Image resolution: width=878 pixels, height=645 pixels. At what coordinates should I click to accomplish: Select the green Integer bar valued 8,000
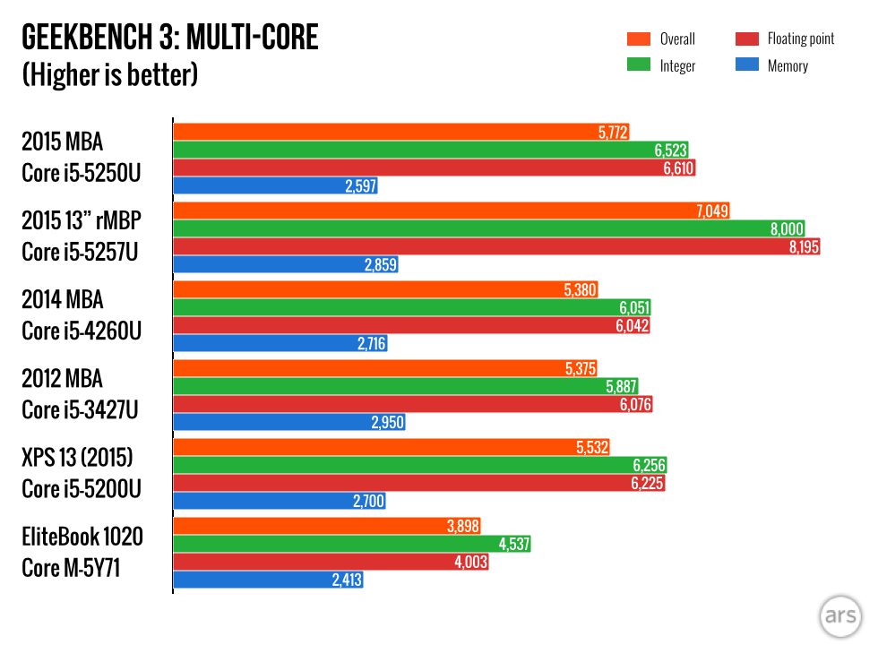tap(466, 229)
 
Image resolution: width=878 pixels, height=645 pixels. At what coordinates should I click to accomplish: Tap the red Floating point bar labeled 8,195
tap(475, 247)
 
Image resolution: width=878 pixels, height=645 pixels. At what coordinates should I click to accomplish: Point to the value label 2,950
tap(387, 423)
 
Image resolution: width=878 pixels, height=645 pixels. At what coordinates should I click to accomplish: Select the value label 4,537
tap(512, 544)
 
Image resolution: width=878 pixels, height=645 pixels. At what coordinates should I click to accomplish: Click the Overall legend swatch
tap(639, 39)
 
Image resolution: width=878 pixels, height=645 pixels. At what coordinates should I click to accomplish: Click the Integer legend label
tap(677, 65)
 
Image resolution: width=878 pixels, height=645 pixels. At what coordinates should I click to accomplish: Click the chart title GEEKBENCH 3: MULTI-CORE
tap(170, 39)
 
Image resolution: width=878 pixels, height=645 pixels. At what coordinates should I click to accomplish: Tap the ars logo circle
tap(840, 617)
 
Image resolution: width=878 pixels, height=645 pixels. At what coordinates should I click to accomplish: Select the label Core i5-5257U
tap(80, 252)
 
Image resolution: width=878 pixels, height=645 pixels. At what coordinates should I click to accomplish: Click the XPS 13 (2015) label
tap(77, 459)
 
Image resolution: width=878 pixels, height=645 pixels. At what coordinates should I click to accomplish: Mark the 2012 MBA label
tap(63, 378)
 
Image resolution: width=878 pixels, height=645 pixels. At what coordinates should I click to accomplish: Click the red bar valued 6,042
tap(394, 326)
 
